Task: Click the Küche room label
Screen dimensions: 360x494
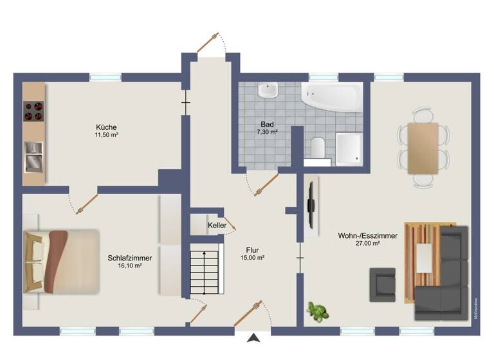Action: [106, 127]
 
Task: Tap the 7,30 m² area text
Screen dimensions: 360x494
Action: [267, 132]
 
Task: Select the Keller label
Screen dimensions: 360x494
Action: [216, 226]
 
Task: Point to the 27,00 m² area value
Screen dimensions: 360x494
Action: [367, 244]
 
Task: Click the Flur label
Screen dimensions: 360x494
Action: [252, 249]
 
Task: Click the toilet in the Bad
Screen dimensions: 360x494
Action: [316, 147]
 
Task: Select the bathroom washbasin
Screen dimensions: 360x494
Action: [267, 90]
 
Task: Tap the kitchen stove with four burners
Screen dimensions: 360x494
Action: [33, 111]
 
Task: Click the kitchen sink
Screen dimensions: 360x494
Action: [33, 156]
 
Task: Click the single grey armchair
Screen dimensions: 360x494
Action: [382, 283]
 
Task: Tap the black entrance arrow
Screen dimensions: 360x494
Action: [255, 337]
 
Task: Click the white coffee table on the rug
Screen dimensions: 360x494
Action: [425, 258]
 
